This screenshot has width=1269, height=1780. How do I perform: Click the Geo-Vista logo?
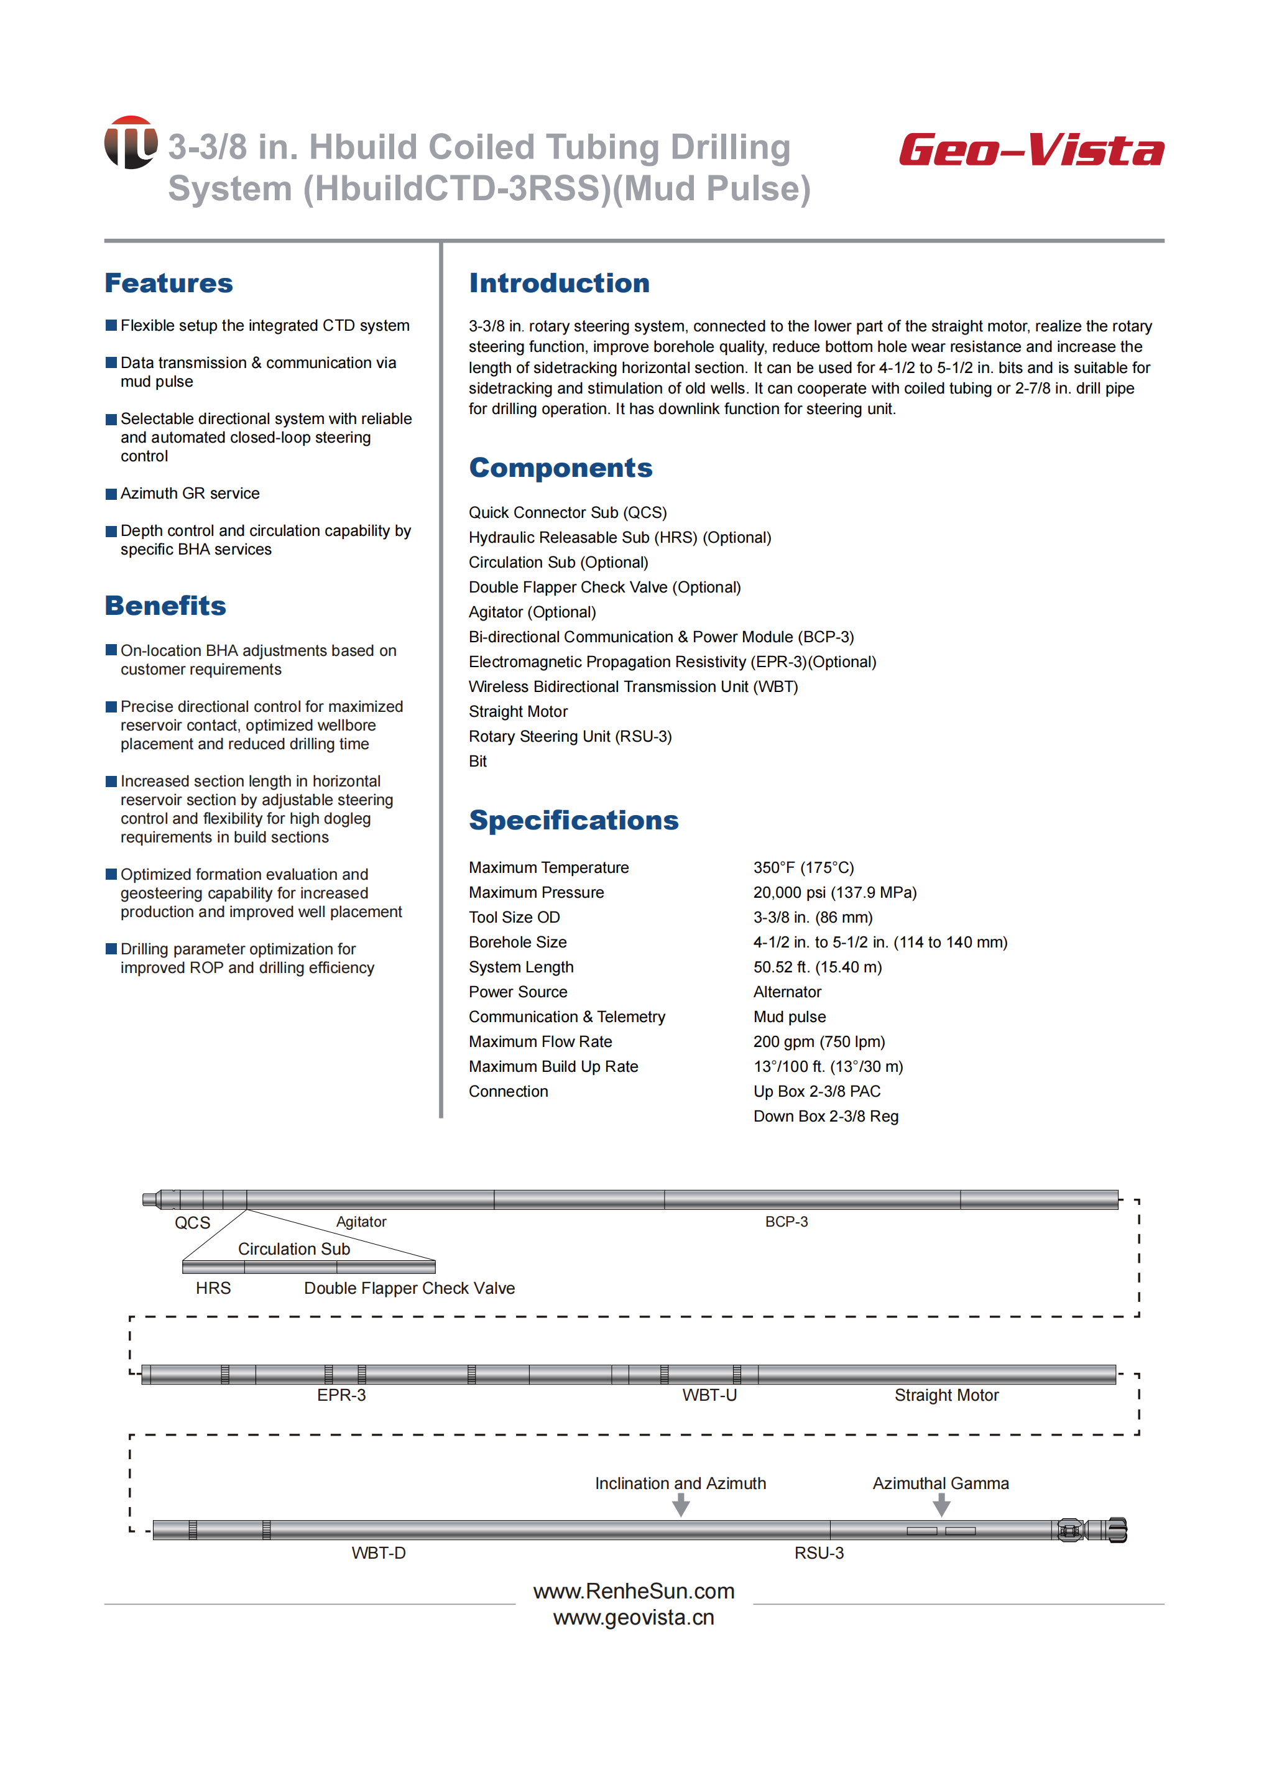pyautogui.click(x=1031, y=150)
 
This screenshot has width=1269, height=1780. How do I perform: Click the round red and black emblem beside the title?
pyautogui.click(x=131, y=142)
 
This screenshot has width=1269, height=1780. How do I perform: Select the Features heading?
pyautogui.click(x=168, y=283)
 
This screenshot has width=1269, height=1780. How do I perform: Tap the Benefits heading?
pyautogui.click(x=165, y=606)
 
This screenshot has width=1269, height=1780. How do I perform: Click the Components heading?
pyautogui.click(x=560, y=468)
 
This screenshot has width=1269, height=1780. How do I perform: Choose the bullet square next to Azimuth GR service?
pyautogui.click(x=111, y=494)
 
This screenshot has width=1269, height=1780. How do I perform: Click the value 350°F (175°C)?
pyautogui.click(x=803, y=867)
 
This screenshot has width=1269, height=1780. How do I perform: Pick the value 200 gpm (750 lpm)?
pyautogui.click(x=819, y=1041)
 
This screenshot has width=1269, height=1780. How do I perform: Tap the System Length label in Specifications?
pyautogui.click(x=520, y=967)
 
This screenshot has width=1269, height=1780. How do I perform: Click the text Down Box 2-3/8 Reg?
pyautogui.click(x=825, y=1116)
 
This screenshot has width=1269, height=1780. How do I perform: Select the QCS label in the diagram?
pyautogui.click(x=192, y=1223)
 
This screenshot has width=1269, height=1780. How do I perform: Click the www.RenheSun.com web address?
pyautogui.click(x=634, y=1591)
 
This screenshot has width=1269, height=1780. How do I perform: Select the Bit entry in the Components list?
pyautogui.click(x=478, y=761)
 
